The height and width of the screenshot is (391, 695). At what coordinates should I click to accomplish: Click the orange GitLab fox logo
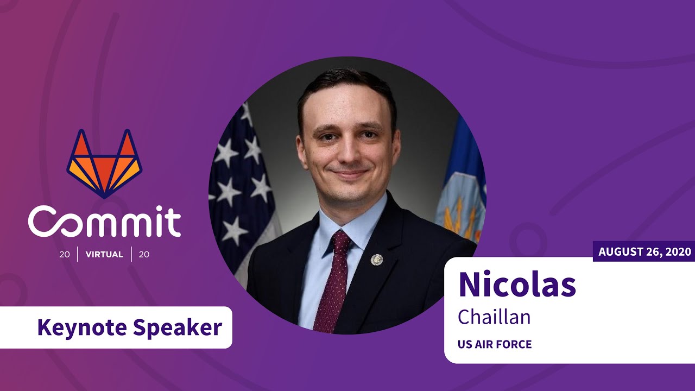tap(104, 163)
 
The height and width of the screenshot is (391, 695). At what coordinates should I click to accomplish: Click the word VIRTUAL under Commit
tap(104, 255)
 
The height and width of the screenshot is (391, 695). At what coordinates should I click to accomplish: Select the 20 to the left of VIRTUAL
tap(65, 255)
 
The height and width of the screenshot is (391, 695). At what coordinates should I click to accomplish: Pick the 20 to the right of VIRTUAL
tap(144, 255)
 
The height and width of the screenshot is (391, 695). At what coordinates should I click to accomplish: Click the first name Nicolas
tap(516, 284)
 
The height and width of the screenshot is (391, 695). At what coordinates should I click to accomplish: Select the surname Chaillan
tap(494, 317)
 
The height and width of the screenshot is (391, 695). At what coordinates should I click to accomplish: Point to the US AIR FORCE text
tap(495, 344)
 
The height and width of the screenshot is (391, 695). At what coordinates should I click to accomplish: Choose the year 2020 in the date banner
tap(679, 252)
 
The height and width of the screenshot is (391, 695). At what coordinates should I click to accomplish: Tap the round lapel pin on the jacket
tap(376, 260)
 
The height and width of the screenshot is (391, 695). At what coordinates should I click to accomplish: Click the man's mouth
tap(349, 174)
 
